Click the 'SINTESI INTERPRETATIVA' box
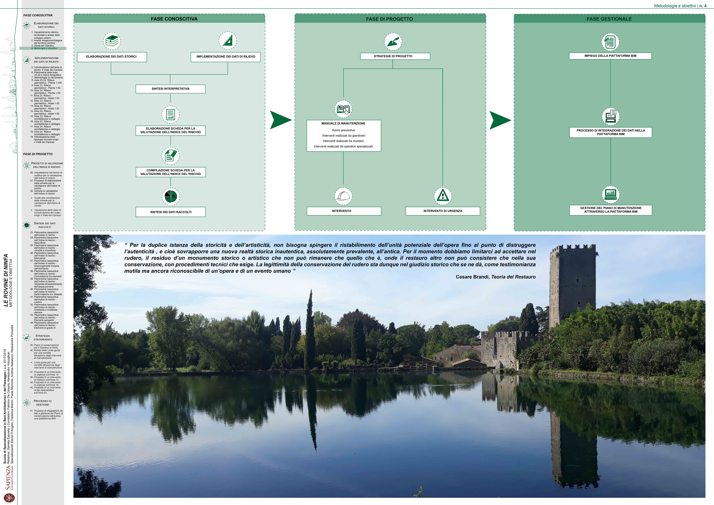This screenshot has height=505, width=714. click(170, 89)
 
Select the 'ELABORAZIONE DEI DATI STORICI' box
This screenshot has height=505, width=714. click(111, 57)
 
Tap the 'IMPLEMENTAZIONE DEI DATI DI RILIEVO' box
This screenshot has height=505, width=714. click(226, 57)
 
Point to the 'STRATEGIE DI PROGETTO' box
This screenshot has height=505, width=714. click(393, 56)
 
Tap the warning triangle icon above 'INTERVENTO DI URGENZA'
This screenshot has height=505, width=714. click(443, 196)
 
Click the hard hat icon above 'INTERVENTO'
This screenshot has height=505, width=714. click(343, 196)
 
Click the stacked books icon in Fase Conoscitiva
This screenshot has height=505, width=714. click(112, 41)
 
